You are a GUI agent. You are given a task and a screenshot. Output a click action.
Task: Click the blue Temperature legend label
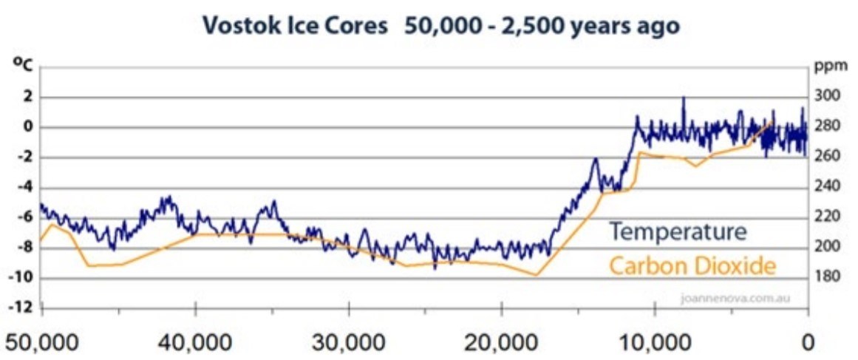point(678,232)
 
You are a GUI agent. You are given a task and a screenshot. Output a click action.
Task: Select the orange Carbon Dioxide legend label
point(692,265)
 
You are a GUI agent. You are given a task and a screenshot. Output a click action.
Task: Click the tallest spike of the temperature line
point(684,98)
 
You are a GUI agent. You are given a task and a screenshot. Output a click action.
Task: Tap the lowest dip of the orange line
point(536,276)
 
